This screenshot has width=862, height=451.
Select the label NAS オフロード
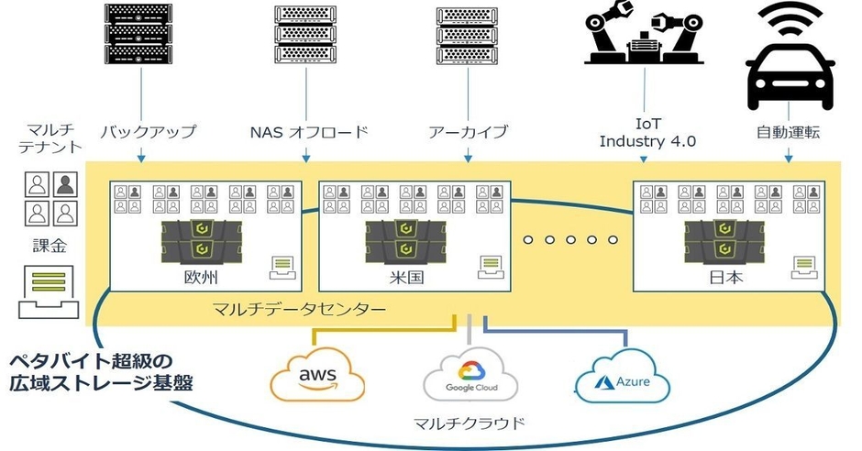tap(308, 132)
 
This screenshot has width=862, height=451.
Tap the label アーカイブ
tap(468, 132)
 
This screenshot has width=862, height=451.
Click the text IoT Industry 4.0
tap(646, 133)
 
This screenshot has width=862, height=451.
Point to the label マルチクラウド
tap(470, 423)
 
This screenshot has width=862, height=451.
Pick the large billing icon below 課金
tap(44, 288)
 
